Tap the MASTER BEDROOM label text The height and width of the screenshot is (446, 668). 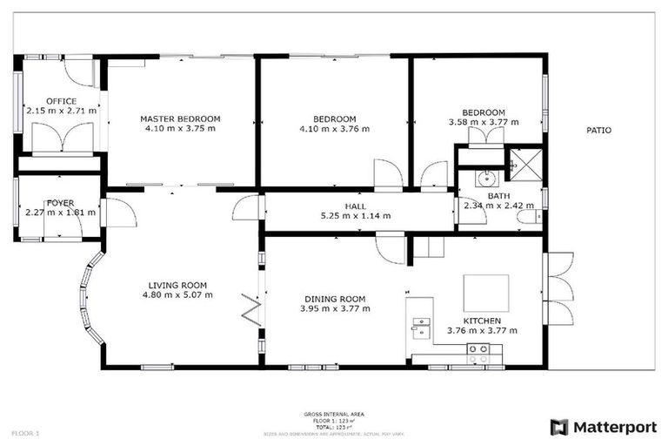180,118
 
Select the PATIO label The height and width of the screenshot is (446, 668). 598,131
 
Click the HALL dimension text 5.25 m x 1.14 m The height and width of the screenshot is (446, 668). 356,215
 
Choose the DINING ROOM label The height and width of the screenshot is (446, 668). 335,298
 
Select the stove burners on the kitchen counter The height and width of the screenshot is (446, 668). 478,353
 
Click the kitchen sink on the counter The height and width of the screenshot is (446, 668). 420,327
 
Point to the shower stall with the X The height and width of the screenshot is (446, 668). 524,159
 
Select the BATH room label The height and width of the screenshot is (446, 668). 498,196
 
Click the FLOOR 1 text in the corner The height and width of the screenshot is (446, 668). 25,433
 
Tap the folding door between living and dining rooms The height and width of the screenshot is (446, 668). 251,310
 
